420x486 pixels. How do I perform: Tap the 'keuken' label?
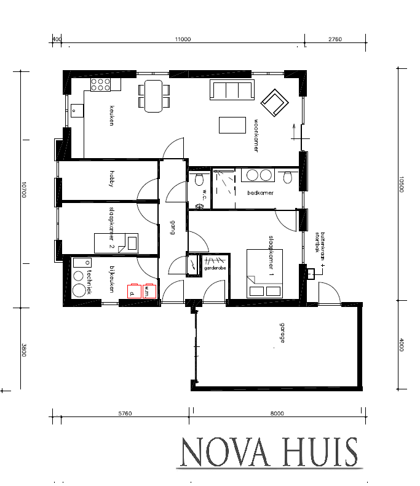[112, 116]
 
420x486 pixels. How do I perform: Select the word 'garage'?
[282, 331]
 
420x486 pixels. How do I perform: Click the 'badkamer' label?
[260, 193]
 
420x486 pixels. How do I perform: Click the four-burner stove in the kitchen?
[100, 85]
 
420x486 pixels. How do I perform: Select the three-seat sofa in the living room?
[232, 90]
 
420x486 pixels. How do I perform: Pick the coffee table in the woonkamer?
[231, 125]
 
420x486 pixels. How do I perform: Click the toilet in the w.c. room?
[198, 179]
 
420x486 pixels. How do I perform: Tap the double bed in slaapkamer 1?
[264, 273]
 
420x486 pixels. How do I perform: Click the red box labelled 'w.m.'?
[149, 290]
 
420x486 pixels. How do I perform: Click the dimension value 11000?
[183, 39]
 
